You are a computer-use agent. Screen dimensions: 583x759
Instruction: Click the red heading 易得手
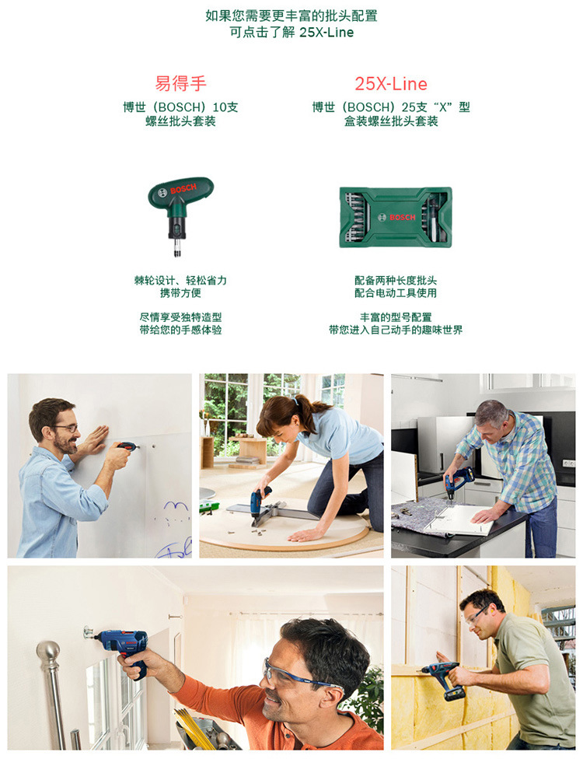click(180, 84)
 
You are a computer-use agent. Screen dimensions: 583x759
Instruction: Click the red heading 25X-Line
click(391, 84)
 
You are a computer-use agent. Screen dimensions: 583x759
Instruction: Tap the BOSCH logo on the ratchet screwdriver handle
click(183, 188)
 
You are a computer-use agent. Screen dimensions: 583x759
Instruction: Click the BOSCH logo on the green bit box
click(403, 217)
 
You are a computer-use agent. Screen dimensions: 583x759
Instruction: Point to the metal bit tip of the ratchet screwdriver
click(177, 249)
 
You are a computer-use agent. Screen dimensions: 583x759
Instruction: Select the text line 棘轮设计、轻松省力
click(180, 280)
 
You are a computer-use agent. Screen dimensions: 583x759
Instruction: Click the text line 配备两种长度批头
click(396, 280)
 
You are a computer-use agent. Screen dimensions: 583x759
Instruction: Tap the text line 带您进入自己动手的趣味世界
click(396, 331)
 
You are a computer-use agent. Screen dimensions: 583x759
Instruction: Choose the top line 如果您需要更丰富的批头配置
click(291, 16)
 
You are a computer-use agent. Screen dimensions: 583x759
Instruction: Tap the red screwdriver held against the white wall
click(127, 446)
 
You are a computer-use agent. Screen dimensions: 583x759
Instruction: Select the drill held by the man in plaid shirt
click(457, 481)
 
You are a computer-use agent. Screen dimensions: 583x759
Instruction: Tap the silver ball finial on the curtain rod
click(48, 651)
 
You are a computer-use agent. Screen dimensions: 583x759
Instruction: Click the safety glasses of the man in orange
click(295, 675)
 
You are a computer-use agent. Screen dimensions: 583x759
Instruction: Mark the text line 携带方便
click(180, 293)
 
